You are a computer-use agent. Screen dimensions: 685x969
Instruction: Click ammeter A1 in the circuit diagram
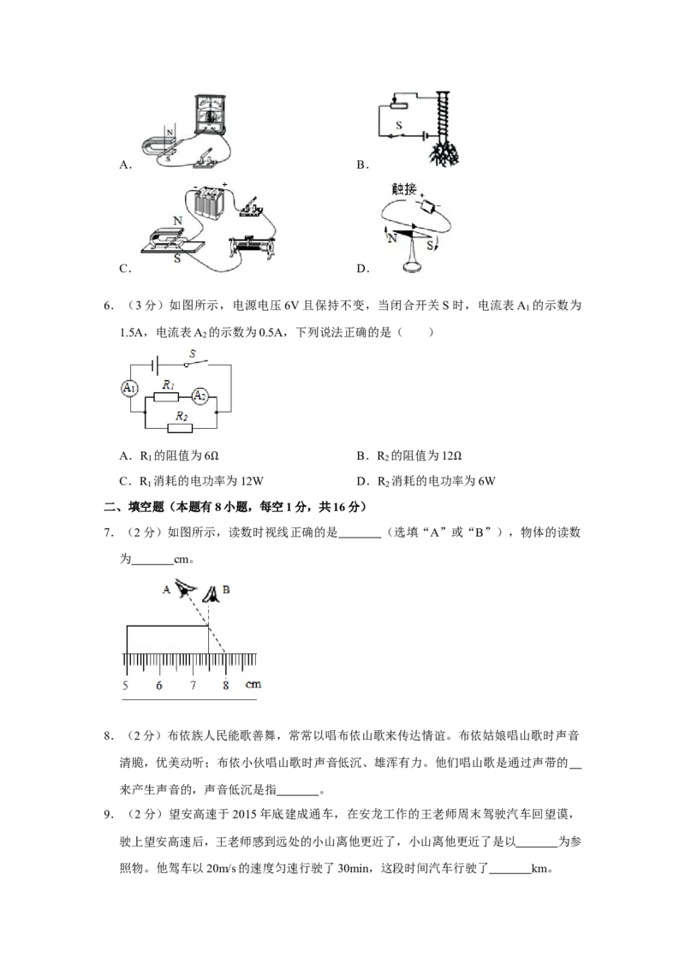click(x=129, y=388)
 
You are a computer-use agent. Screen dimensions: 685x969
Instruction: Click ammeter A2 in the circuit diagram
click(x=199, y=396)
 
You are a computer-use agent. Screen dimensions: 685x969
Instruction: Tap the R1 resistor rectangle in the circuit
click(x=166, y=396)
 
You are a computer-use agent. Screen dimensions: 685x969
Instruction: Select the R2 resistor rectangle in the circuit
click(x=180, y=428)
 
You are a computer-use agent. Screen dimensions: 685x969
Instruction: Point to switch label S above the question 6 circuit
click(x=193, y=354)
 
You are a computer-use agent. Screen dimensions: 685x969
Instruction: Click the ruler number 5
click(x=126, y=685)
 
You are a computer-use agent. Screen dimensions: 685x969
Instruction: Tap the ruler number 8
click(x=226, y=685)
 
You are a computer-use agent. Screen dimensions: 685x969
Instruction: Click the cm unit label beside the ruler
click(x=253, y=684)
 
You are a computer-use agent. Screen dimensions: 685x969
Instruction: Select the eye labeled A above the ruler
click(x=185, y=588)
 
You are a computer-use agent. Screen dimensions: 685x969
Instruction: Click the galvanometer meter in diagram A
click(x=211, y=114)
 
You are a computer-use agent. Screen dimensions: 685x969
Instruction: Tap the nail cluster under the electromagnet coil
click(x=444, y=154)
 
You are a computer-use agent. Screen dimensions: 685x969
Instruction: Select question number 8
click(x=108, y=735)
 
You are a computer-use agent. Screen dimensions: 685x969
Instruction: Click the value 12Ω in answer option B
click(x=453, y=456)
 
